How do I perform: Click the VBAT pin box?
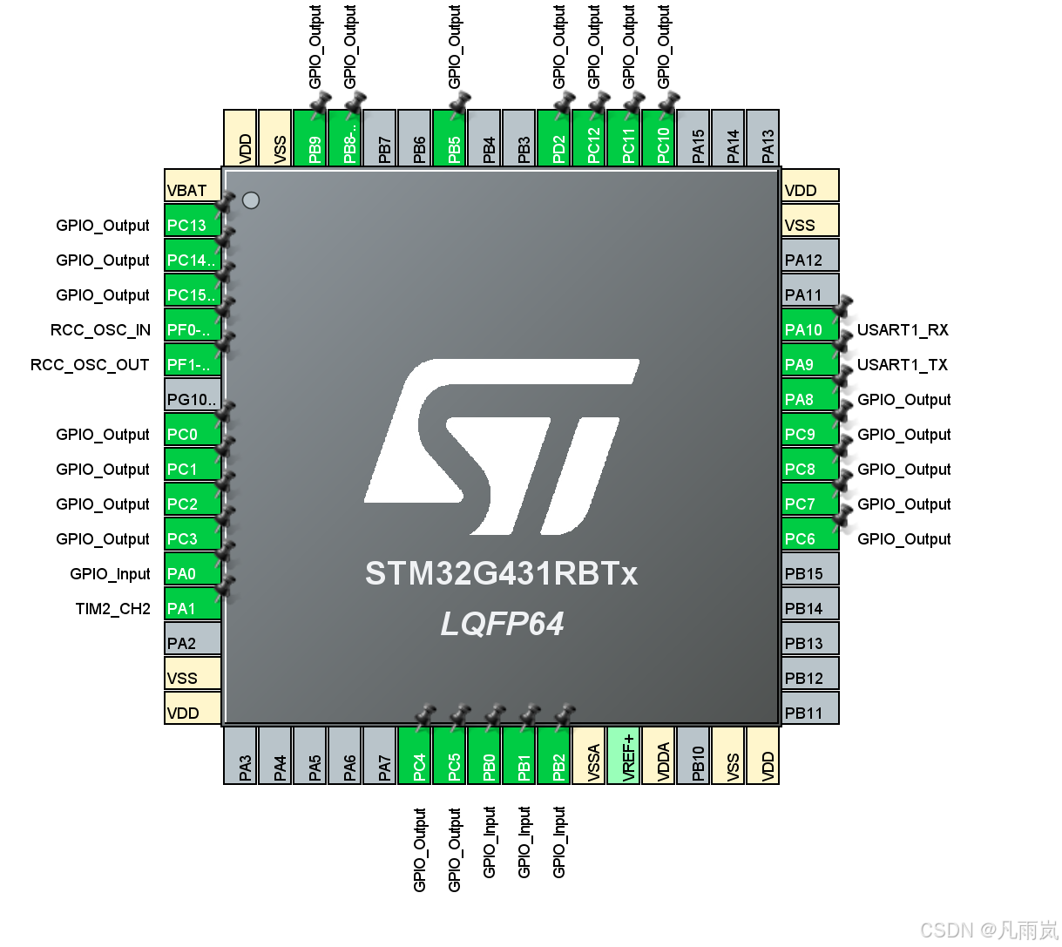tap(193, 186)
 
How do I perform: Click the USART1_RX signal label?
tap(903, 330)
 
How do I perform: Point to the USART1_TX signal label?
tap(902, 365)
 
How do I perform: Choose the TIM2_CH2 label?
tap(112, 609)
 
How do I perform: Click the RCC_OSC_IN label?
tap(100, 330)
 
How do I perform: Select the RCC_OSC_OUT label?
tap(90, 365)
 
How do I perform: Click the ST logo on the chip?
tap(502, 446)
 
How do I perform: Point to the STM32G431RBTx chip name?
tap(501, 574)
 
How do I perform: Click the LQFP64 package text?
tap(502, 624)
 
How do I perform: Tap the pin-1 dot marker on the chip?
tap(251, 200)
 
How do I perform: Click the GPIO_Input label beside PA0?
tap(110, 574)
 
